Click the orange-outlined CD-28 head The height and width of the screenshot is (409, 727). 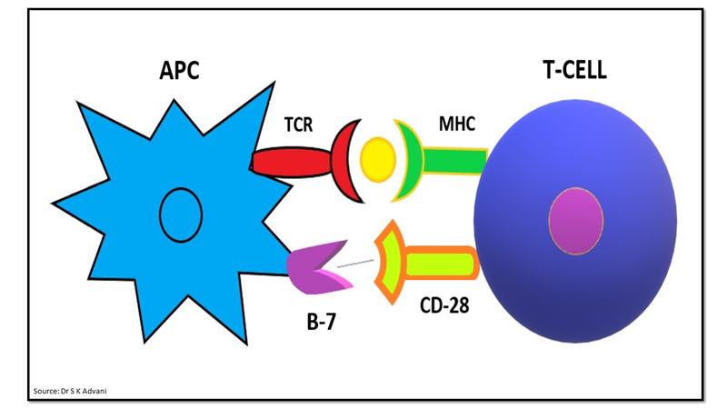[390, 262]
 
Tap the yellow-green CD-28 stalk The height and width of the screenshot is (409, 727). [441, 264]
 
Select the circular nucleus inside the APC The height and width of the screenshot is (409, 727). [180, 211]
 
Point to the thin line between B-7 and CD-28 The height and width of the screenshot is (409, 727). [357, 264]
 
